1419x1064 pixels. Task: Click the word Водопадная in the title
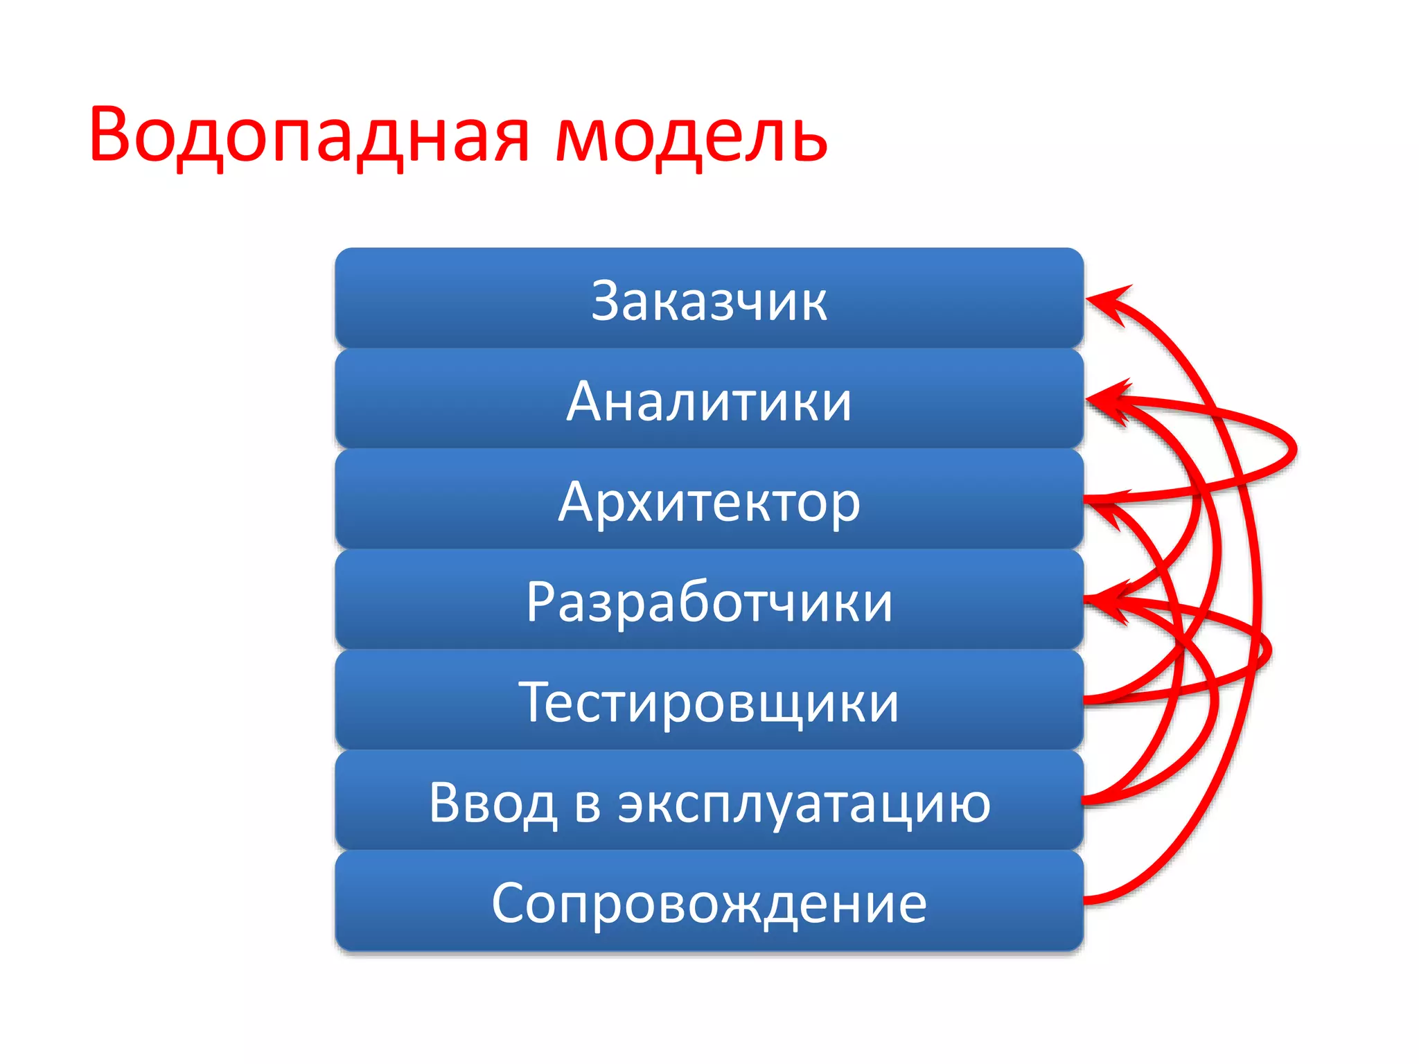(x=308, y=135)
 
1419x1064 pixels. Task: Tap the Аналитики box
(x=709, y=400)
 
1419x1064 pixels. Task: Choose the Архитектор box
(x=709, y=500)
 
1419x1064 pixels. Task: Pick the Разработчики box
(x=709, y=601)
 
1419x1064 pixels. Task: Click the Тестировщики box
(x=709, y=701)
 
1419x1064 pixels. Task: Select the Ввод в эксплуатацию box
(x=709, y=801)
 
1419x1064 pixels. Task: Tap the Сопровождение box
(x=709, y=902)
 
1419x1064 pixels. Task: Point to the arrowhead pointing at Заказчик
(x=1104, y=301)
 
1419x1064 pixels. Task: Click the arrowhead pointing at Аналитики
(x=1106, y=399)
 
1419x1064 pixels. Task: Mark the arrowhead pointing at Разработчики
(x=1106, y=598)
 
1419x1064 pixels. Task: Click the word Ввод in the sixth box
(x=493, y=804)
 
